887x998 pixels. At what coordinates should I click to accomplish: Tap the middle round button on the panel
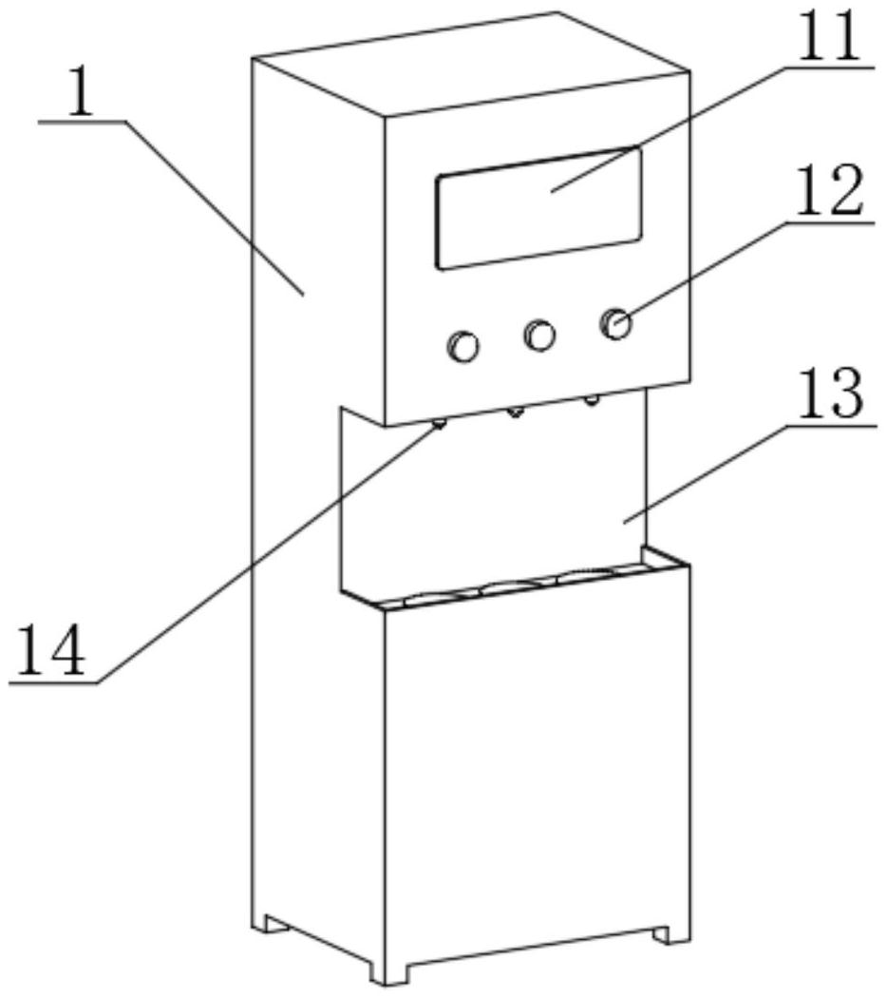(539, 334)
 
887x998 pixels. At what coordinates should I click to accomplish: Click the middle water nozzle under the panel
(516, 412)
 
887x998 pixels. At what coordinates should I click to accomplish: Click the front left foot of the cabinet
(390, 969)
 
